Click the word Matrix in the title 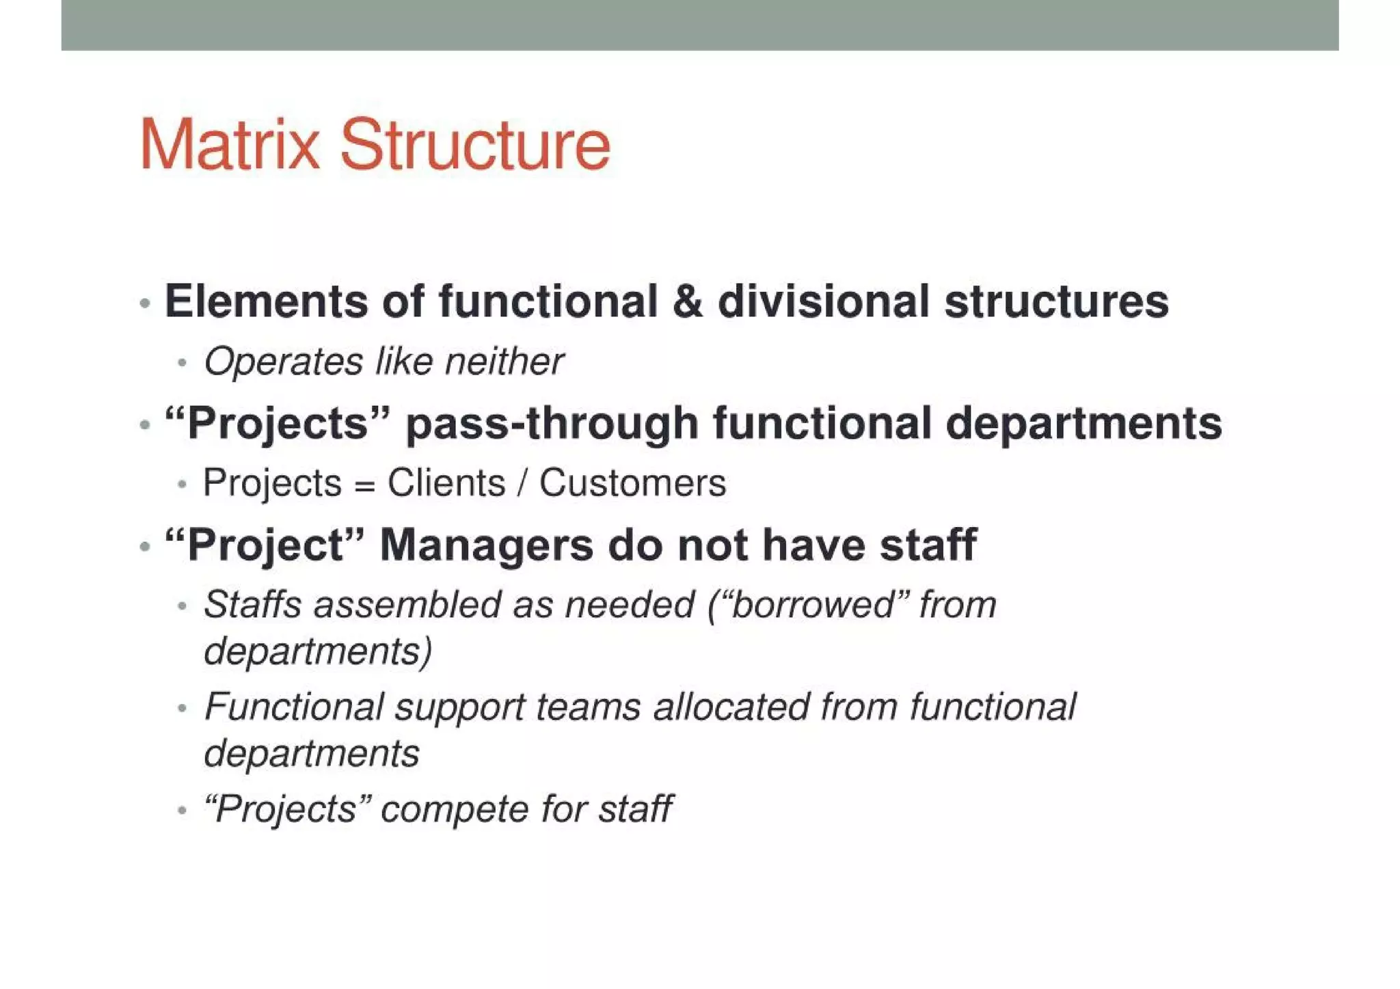(x=230, y=145)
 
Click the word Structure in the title (x=474, y=145)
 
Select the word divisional (x=823, y=301)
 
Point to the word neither (x=504, y=361)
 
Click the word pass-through (x=552, y=423)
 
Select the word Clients (x=446, y=483)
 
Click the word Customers (x=632, y=483)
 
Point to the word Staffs (x=252, y=605)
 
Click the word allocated (x=731, y=707)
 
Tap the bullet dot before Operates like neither (x=181, y=362)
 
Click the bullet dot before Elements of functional (x=144, y=303)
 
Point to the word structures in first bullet (x=1056, y=301)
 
